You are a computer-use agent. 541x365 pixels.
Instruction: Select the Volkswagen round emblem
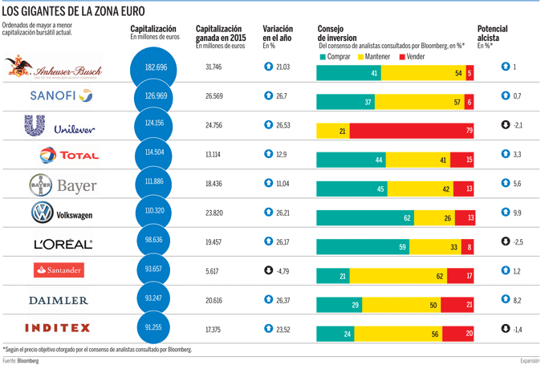coord(42,213)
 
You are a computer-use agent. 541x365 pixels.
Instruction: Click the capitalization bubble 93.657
coord(155,270)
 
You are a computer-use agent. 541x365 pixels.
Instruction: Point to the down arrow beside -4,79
coord(268,270)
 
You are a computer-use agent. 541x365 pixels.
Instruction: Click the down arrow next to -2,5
coord(504,241)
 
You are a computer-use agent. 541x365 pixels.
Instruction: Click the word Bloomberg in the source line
coord(28,361)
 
